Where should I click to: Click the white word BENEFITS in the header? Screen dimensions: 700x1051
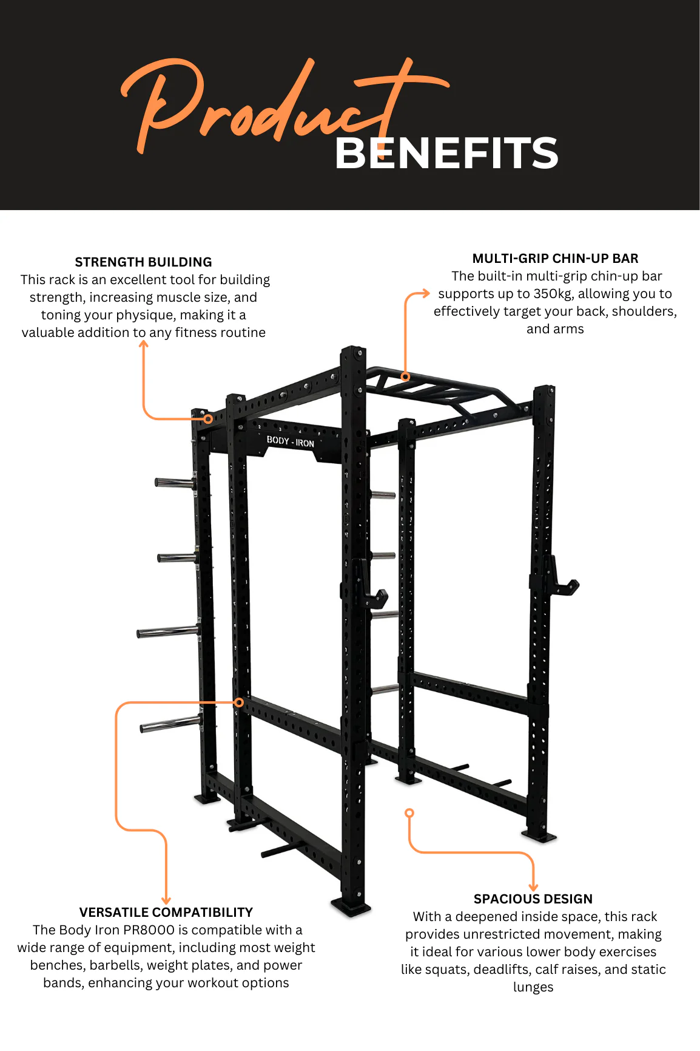[446, 153]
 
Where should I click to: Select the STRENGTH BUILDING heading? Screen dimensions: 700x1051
[143, 262]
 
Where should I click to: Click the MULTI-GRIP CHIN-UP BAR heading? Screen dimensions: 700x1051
[555, 259]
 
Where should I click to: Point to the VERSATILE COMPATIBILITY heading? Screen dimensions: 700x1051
[166, 913]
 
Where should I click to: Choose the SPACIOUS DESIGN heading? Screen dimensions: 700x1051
[533, 899]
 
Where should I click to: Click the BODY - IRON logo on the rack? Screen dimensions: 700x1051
[291, 441]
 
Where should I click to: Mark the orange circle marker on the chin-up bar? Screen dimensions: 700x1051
[405, 376]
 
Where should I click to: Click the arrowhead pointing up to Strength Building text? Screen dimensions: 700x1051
[144, 344]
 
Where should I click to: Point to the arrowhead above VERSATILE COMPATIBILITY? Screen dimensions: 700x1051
[166, 900]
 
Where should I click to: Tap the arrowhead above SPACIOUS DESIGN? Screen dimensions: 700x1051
[534, 887]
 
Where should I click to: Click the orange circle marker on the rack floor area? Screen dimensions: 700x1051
[409, 813]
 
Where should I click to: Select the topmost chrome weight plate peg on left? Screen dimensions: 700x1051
[175, 483]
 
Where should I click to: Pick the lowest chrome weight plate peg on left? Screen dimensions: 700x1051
[170, 724]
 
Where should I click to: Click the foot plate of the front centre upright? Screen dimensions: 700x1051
[351, 907]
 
